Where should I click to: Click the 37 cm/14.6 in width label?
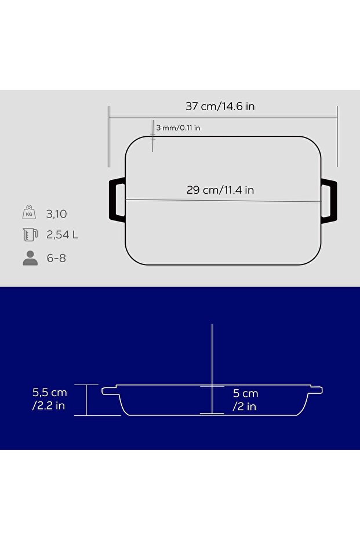tap(220, 106)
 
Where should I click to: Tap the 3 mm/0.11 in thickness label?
tap(179, 128)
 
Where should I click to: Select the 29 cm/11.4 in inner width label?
tap(220, 190)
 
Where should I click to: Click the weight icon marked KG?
tap(29, 212)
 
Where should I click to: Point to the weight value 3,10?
tap(56, 214)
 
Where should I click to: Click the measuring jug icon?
tap(30, 234)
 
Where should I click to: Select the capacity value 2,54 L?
tap(62, 235)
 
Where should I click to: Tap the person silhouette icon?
tap(30, 258)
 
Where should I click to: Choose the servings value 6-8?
tap(56, 258)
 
